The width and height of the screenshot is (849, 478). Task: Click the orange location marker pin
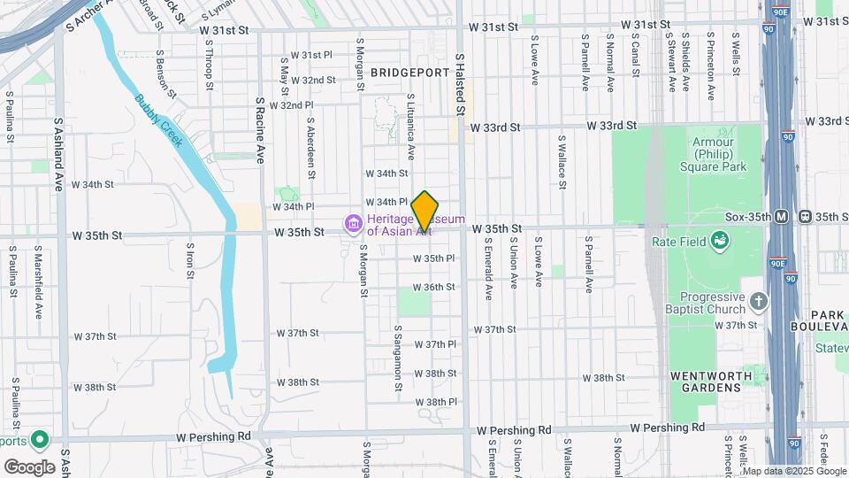(x=425, y=211)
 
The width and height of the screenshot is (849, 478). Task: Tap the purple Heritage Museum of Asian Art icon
(x=354, y=223)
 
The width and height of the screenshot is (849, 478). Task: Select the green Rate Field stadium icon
(x=721, y=240)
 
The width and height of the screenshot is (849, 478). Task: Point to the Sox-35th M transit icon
(x=781, y=217)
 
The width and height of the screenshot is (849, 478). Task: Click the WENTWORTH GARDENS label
(x=711, y=376)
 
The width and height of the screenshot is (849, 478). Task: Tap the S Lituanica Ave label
(x=411, y=120)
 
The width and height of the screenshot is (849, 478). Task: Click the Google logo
(x=29, y=466)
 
